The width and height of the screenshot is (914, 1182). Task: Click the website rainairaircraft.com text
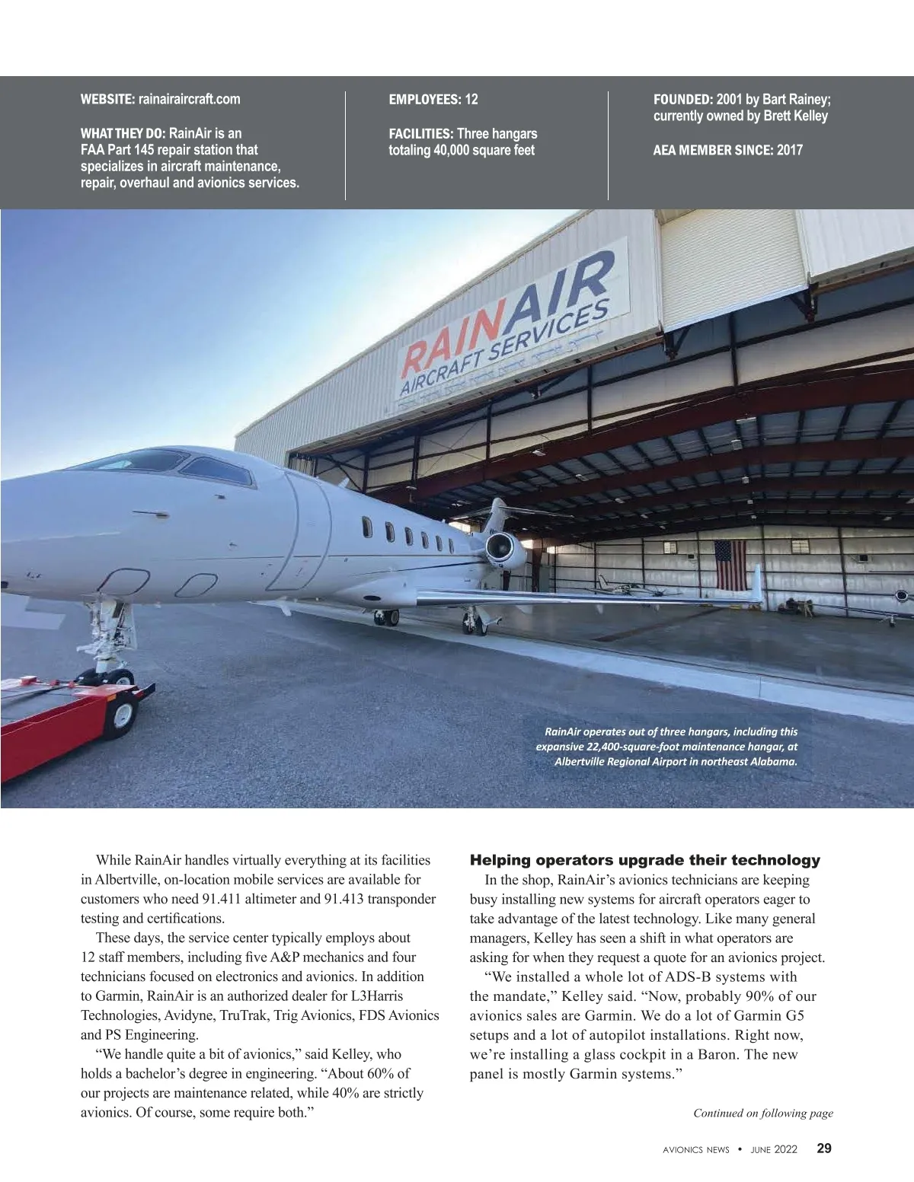click(x=189, y=99)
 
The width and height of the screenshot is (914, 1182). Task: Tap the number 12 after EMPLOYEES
click(x=471, y=99)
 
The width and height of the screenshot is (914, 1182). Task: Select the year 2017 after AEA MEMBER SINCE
click(x=790, y=150)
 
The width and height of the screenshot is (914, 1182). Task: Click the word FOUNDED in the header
click(x=682, y=99)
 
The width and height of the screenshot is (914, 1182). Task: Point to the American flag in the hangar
click(x=730, y=565)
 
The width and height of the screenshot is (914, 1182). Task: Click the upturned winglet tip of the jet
click(x=756, y=582)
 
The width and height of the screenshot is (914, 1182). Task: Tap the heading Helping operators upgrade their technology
click(x=644, y=860)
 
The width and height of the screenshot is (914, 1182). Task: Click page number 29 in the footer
click(x=824, y=1149)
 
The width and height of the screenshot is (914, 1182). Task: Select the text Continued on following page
click(x=762, y=1113)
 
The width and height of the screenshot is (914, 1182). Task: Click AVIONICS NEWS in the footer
click(x=695, y=1149)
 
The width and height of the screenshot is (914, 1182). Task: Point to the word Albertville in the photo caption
click(x=579, y=761)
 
